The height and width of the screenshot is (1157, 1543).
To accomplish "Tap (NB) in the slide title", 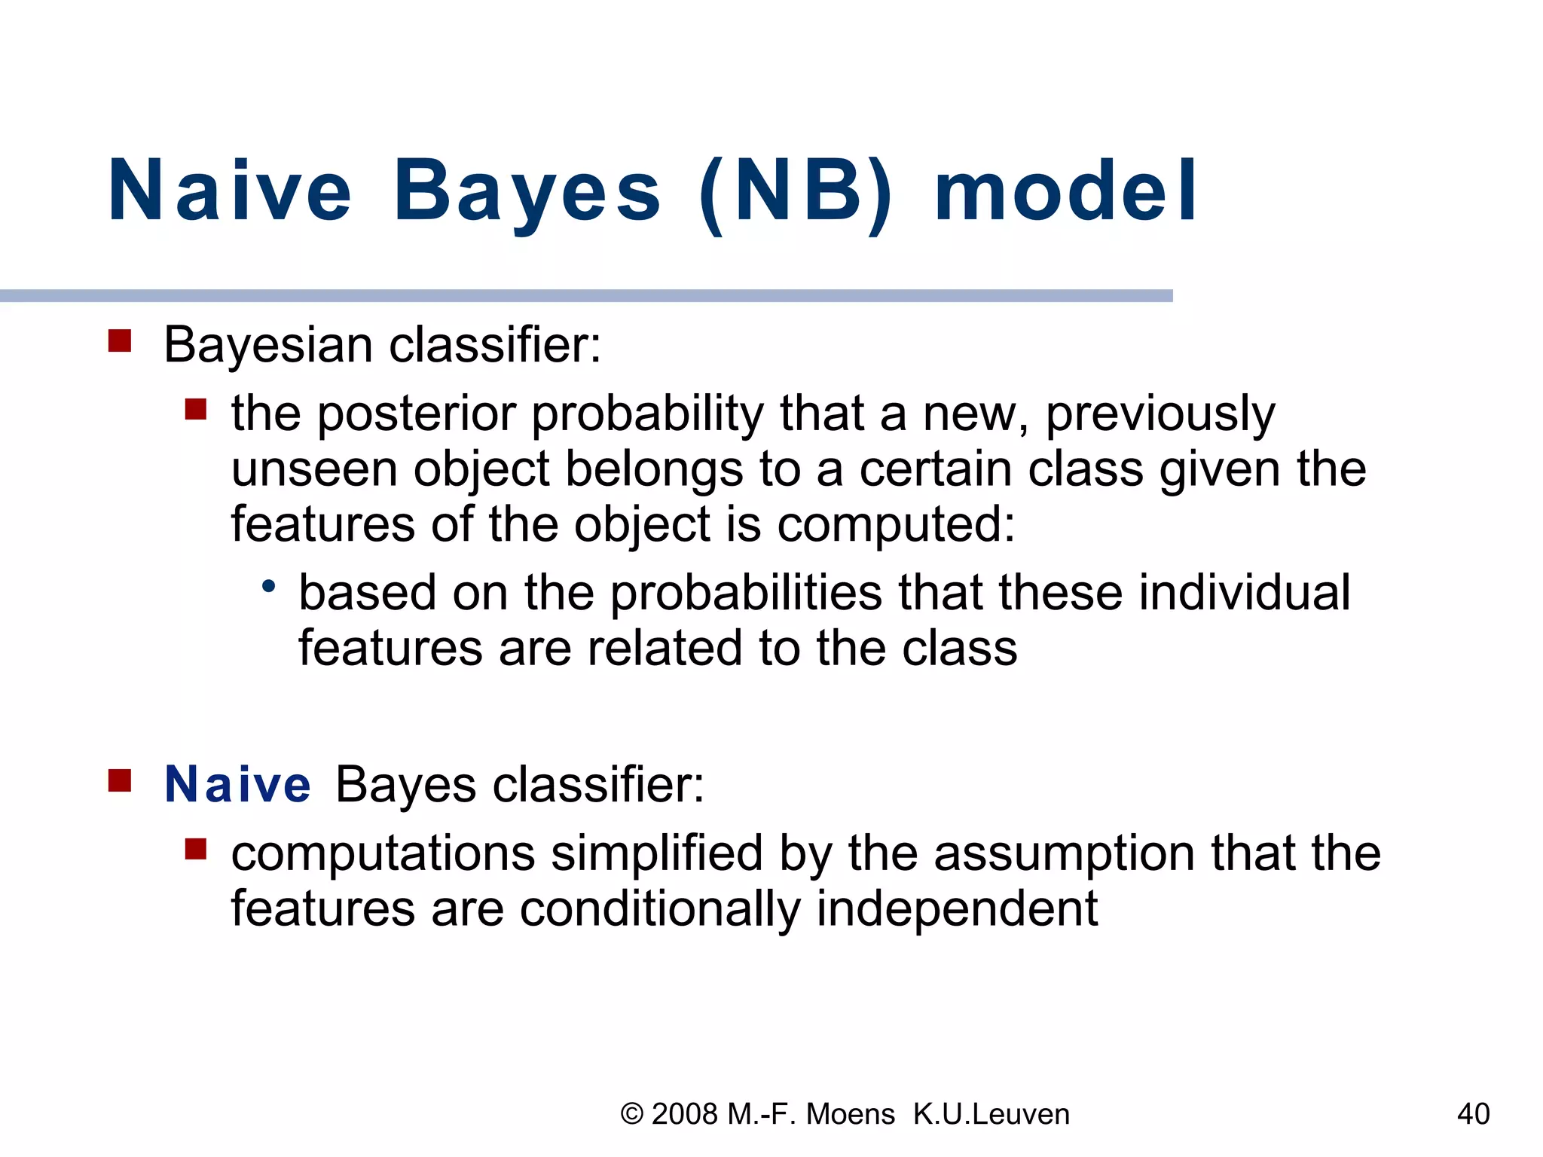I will (x=796, y=192).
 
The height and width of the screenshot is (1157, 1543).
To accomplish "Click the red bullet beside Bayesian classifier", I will (x=120, y=340).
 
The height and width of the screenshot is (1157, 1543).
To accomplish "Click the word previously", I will (x=1160, y=414).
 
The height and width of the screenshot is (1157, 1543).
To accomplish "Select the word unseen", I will (x=314, y=469).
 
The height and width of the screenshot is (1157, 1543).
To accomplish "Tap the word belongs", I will (x=654, y=469).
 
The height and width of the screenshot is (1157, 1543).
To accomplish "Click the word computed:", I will (x=896, y=525).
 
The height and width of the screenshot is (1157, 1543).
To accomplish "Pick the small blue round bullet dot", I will (x=268, y=585).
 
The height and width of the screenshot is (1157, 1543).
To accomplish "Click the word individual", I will (x=1244, y=593).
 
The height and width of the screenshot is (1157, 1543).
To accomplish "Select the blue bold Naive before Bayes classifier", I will (x=237, y=784).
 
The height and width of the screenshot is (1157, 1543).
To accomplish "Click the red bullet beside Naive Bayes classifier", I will (x=120, y=780).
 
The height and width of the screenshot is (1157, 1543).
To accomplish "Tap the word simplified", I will (x=656, y=853).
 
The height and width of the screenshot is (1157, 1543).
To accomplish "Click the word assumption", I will (x=1065, y=853).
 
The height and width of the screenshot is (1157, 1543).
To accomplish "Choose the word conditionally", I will (x=660, y=909).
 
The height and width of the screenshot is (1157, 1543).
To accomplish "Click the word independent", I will (x=957, y=909).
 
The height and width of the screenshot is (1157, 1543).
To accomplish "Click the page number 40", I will (x=1473, y=1114).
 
